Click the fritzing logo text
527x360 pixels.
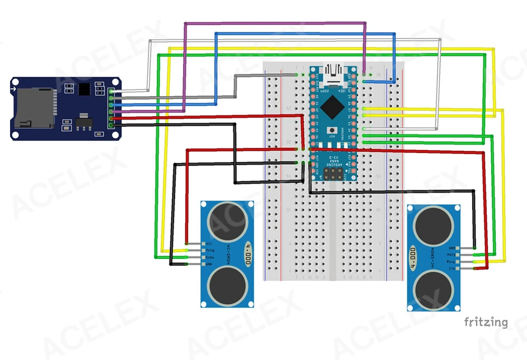[486, 321]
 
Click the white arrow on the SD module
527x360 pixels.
[14, 88]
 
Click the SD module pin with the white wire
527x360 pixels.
[112, 91]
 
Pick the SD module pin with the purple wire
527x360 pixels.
[112, 111]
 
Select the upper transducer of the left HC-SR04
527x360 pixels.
[226, 222]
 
